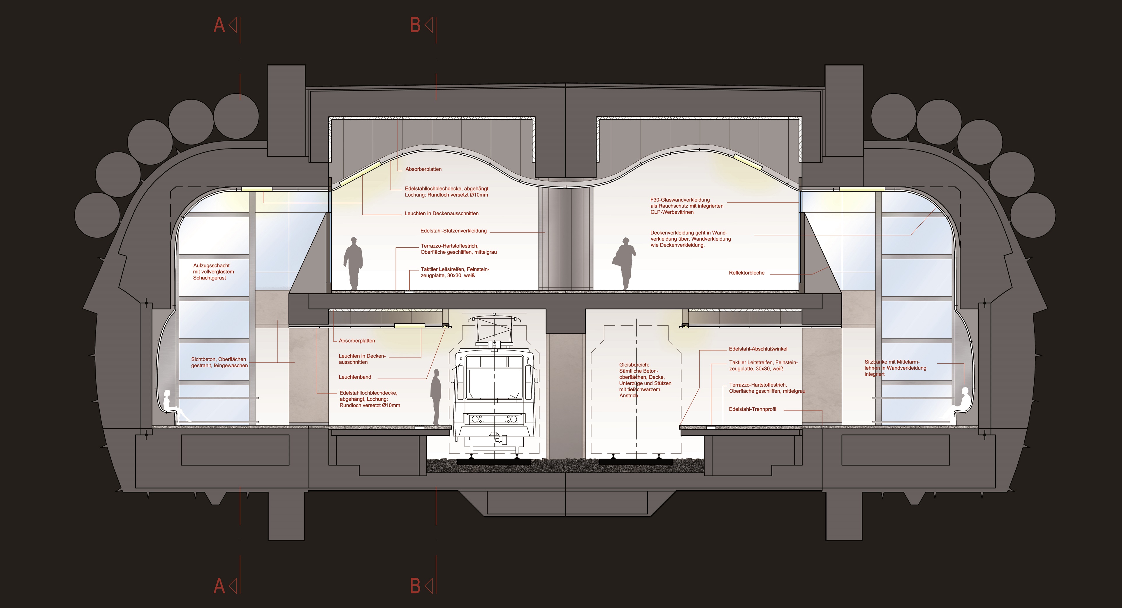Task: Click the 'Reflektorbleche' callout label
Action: point(747,273)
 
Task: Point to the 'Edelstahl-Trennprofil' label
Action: point(752,409)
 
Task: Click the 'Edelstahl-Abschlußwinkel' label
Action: point(758,349)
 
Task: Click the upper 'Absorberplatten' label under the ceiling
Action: point(423,169)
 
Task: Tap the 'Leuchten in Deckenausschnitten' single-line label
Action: point(441,214)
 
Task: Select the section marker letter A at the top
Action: point(219,25)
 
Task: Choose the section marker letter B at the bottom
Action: point(415,586)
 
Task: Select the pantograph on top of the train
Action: point(494,331)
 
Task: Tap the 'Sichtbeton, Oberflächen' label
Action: point(218,359)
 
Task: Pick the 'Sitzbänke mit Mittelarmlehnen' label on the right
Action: point(891,362)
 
